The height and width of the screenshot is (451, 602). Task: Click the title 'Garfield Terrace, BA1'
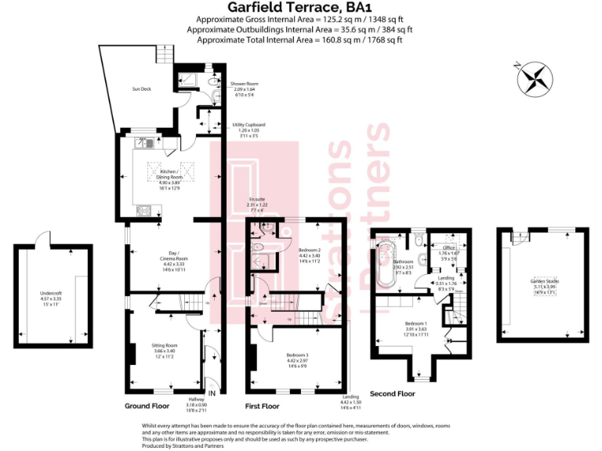pos(301,9)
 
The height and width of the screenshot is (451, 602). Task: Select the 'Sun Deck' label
pos(141,89)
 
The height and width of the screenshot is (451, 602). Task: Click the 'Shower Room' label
pos(244,84)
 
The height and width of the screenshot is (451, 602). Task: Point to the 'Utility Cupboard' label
pos(248,124)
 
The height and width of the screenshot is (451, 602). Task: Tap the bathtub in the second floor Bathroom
pos(384,266)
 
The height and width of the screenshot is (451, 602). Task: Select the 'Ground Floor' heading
pos(147,406)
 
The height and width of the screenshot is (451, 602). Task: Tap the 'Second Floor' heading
pos(393,394)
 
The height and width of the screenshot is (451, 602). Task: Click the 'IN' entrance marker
pos(212,394)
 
